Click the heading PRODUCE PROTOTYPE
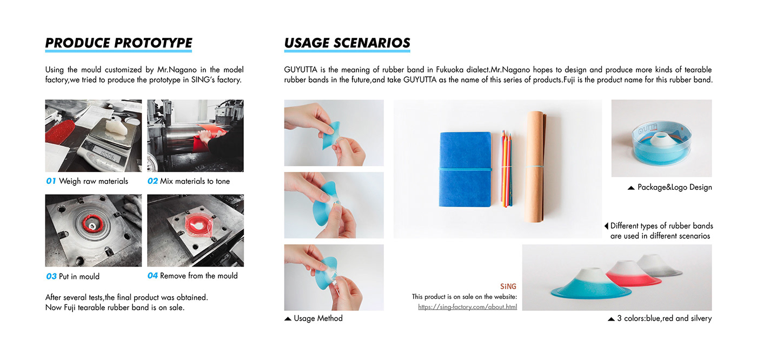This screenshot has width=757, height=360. pos(118,43)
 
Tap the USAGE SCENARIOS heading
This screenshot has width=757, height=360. pos(347,43)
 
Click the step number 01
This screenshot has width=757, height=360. pos(51,181)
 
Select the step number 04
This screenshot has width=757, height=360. pos(152,276)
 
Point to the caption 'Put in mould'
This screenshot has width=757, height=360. pos(79,276)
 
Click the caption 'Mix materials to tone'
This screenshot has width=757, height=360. pos(195,181)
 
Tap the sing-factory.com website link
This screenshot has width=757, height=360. pos(467,306)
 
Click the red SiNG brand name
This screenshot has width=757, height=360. pos(508,286)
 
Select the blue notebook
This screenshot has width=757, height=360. pos(465,169)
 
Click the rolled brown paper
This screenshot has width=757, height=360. pos(535,166)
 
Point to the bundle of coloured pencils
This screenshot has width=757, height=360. pos(506,168)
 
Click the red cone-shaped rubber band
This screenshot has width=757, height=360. pos(633,274)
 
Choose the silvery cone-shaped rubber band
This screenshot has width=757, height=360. pos(659,266)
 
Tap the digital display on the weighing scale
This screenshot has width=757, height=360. pos(106,155)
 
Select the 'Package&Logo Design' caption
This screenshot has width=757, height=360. pos(675,187)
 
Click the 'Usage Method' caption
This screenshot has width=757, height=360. pos(318,318)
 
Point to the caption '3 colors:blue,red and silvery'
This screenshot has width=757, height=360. pos(665,318)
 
